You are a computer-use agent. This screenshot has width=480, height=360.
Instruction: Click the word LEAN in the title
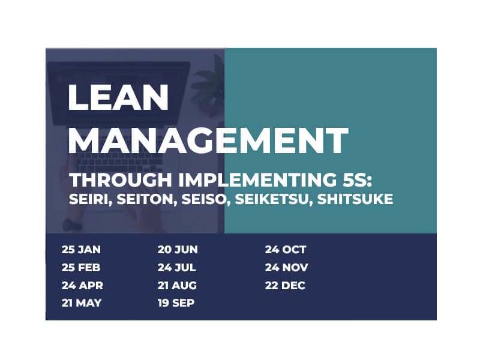118,97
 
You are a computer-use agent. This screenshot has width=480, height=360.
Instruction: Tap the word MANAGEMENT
208,140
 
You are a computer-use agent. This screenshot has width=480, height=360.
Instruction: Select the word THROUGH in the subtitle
121,179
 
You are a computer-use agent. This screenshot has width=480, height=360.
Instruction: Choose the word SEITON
147,200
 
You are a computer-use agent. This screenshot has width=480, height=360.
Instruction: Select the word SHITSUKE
355,199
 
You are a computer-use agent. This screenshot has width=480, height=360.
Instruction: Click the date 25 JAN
81,250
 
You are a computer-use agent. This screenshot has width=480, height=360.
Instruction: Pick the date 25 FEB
81,268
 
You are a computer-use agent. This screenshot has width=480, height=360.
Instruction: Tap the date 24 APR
82,286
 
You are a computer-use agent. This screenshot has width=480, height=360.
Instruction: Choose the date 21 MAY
82,303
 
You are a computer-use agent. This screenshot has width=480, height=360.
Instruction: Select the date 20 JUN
178,250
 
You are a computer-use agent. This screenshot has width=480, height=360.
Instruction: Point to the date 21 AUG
177,286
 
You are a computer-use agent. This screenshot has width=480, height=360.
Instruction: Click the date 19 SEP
176,303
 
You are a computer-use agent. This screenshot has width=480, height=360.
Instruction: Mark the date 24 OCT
286,250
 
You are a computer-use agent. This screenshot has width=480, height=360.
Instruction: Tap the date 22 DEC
285,286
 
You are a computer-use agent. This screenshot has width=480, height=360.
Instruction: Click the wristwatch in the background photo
72,226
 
